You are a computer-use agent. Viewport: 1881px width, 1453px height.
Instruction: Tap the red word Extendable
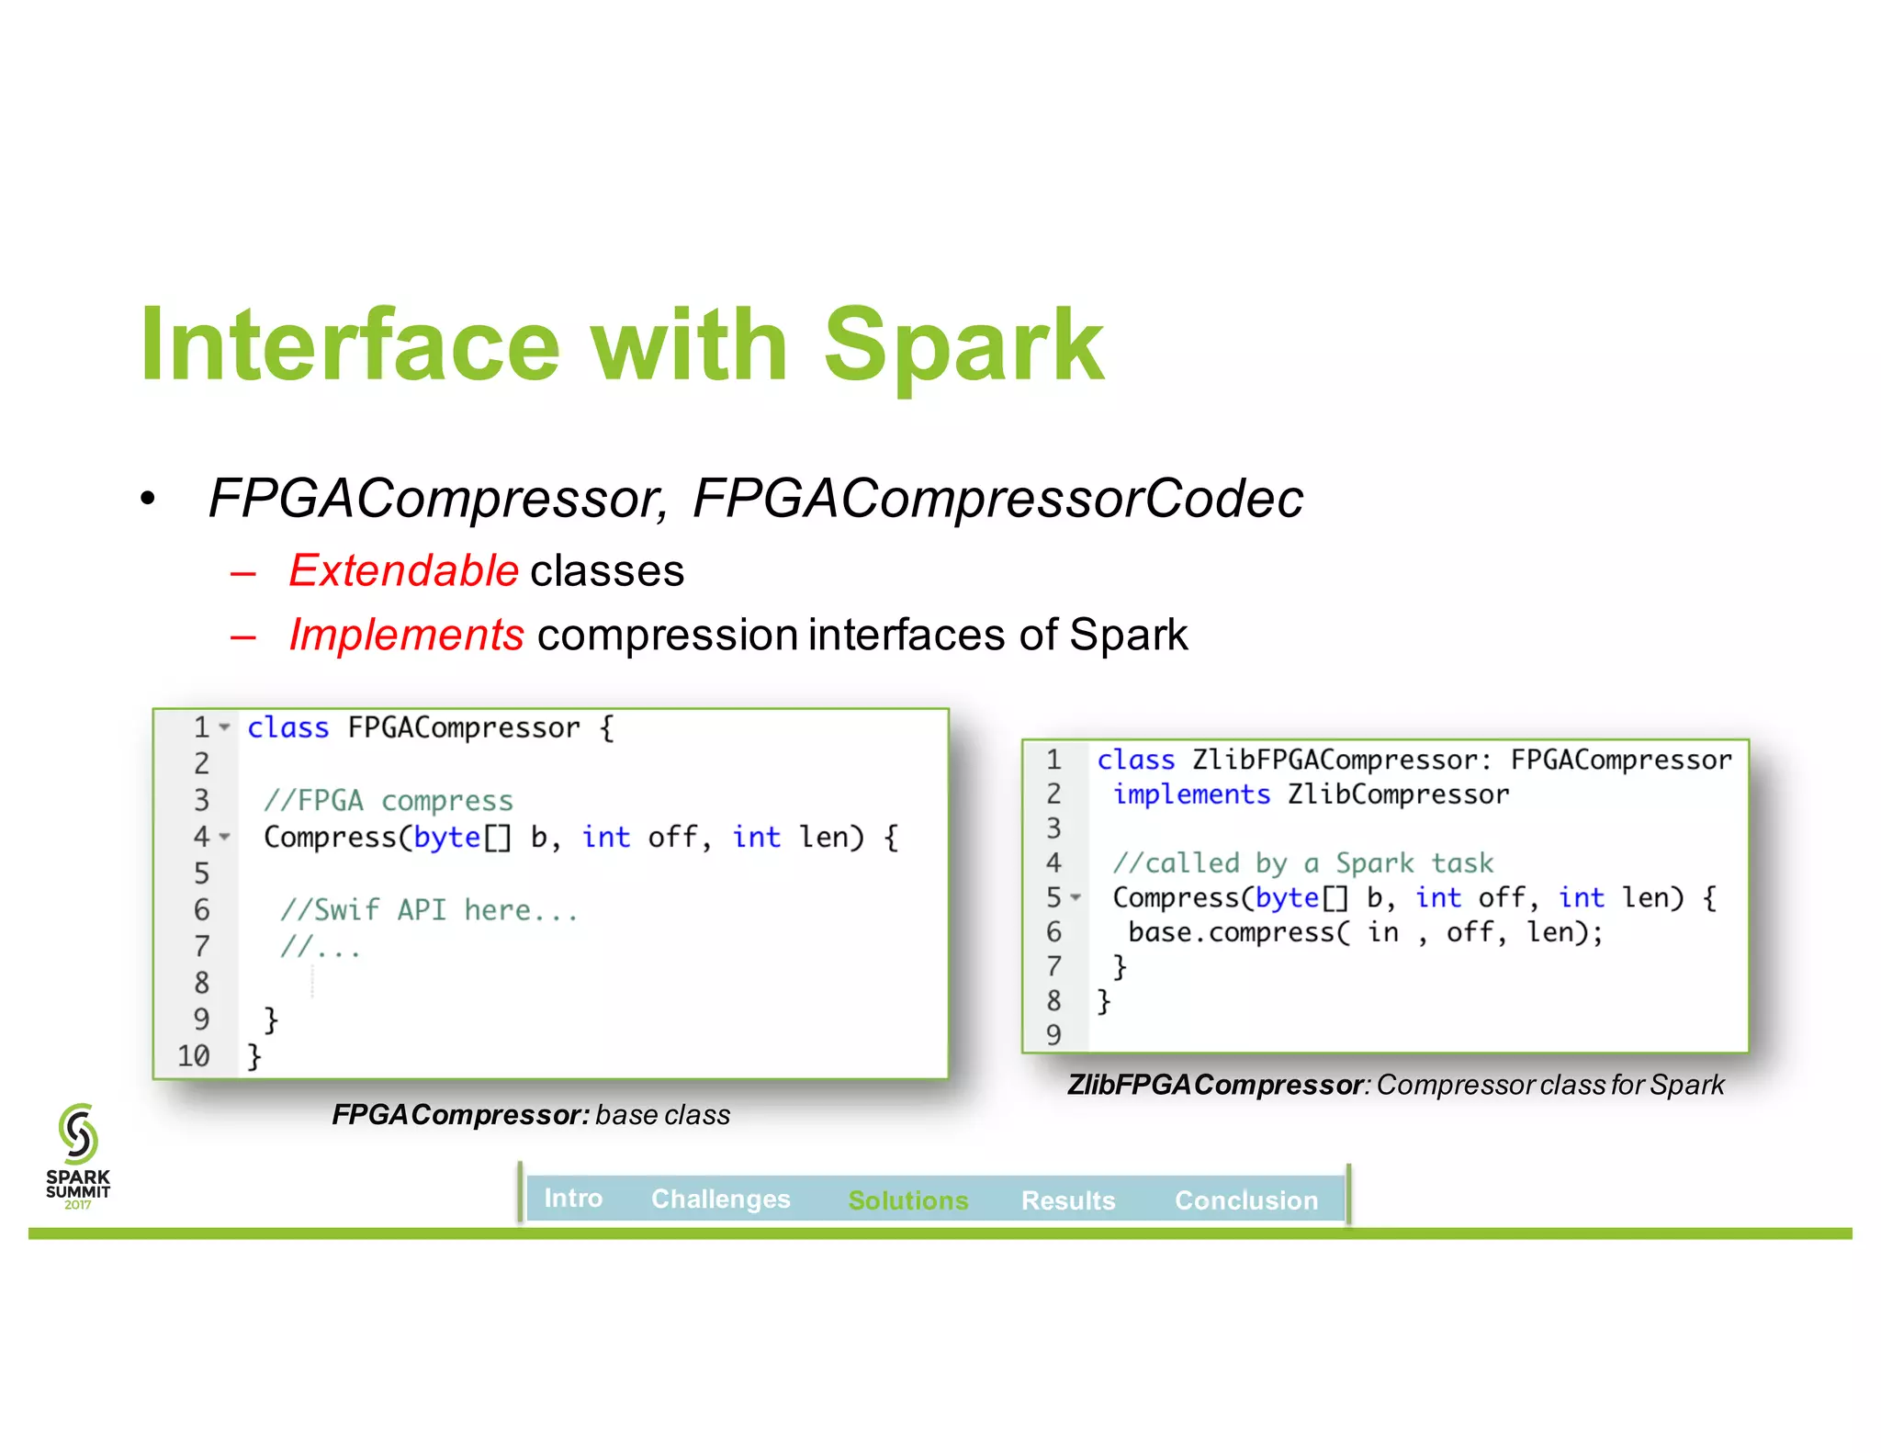pos(404,570)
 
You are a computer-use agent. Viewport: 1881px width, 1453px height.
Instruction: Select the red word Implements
pos(406,635)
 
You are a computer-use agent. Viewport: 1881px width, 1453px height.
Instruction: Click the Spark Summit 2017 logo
pos(78,1156)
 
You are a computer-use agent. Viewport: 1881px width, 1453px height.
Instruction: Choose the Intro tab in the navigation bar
pos(573,1198)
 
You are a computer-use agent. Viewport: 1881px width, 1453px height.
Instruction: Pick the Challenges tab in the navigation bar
pos(720,1199)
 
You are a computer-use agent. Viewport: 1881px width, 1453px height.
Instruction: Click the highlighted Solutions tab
pos(907,1200)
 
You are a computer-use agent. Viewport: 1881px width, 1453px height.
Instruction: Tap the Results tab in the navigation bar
pos(1067,1200)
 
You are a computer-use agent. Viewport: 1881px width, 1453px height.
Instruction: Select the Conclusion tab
pos(1245,1200)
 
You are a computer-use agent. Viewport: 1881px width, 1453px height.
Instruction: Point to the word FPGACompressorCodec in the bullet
pos(997,499)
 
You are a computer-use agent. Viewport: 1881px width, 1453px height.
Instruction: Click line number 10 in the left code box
pos(194,1055)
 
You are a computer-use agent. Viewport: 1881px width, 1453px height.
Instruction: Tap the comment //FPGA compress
pos(388,801)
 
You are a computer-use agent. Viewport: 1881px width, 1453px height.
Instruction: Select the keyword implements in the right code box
pos(1191,794)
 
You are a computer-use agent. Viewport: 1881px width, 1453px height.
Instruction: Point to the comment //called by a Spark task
pos(1302,862)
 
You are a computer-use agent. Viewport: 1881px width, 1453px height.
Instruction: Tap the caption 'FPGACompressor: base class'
pos(531,1114)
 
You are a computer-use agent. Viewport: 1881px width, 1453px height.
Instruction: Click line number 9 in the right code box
pos(1053,1034)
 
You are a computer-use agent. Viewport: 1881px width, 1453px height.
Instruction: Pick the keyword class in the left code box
pos(287,727)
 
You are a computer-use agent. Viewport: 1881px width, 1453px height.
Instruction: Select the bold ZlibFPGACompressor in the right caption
pos(1214,1085)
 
